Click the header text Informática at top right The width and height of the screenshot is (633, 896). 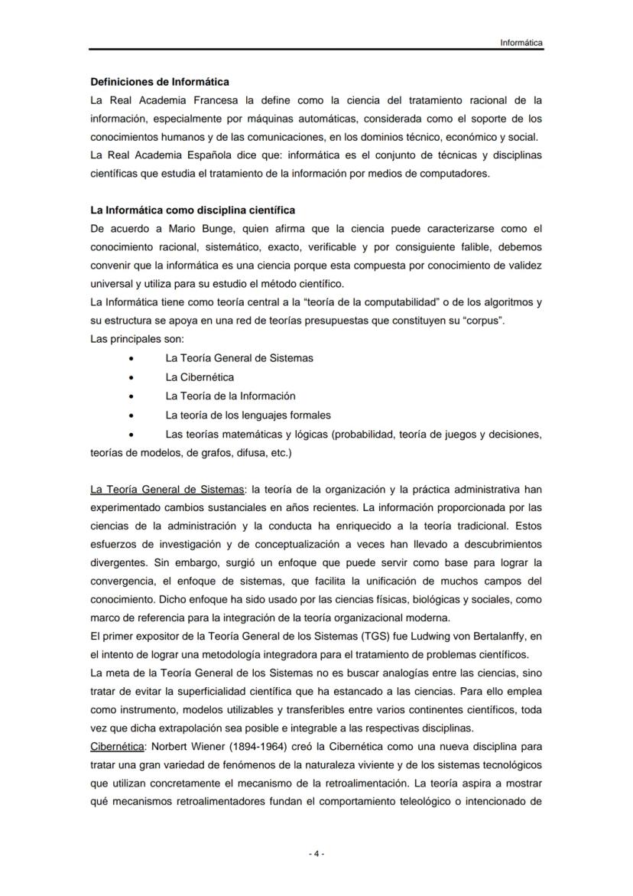click(521, 43)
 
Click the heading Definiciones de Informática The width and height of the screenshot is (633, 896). click(160, 81)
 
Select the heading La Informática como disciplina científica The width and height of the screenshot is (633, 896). click(193, 210)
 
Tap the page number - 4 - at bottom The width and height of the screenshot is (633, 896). click(316, 854)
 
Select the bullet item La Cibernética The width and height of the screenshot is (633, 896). click(200, 376)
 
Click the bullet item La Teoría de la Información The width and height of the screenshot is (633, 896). click(230, 396)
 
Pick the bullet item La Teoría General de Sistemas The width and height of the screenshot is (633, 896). click(239, 358)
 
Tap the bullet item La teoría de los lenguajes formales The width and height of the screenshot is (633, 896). click(248, 415)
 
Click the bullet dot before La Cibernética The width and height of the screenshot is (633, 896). click(134, 377)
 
